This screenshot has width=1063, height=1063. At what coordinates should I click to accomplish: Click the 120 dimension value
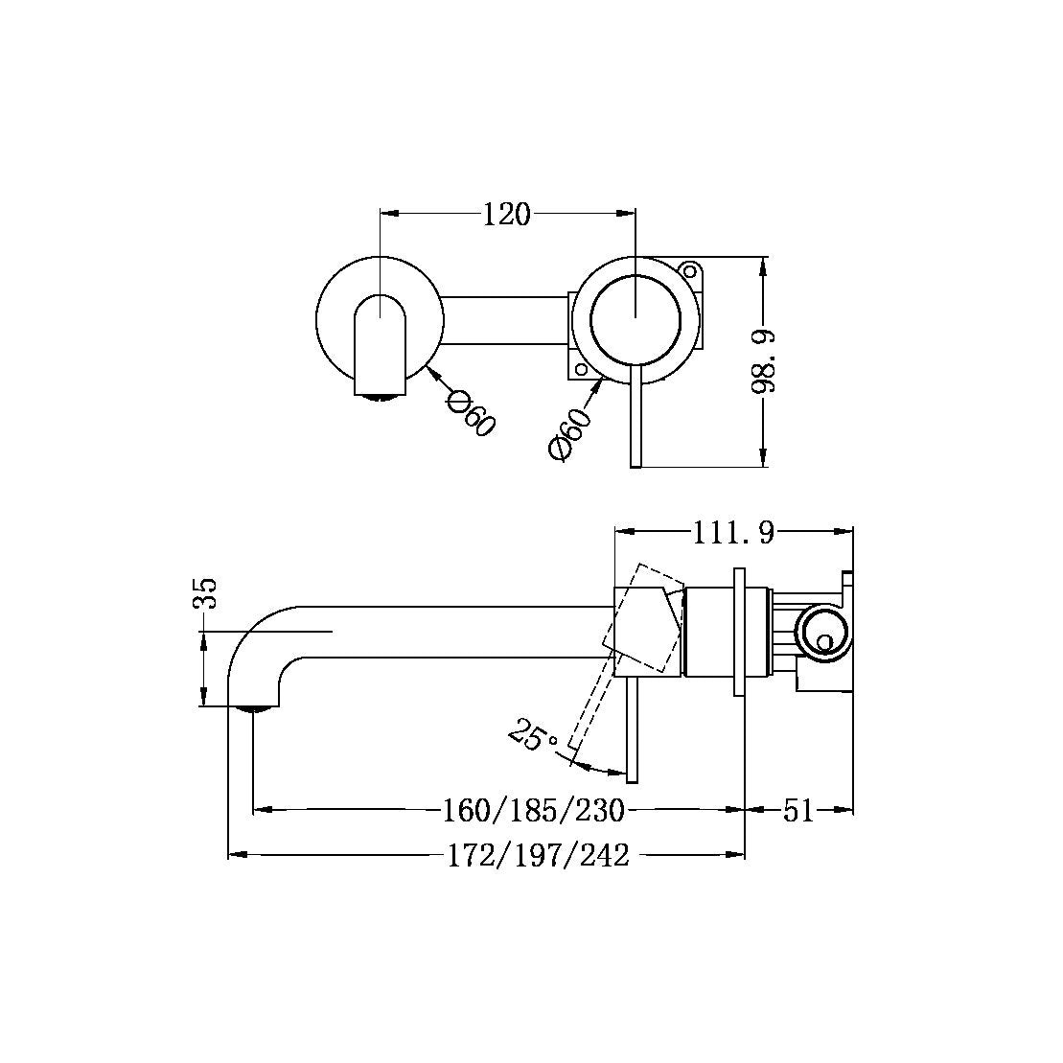506,215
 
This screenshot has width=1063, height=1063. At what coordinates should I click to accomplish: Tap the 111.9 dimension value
733,533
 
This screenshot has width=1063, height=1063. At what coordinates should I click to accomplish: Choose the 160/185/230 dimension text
534,811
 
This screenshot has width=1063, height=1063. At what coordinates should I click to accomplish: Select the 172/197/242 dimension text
539,855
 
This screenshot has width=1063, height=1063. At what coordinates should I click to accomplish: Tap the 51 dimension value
798,811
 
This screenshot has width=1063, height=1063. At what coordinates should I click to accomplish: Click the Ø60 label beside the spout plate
470,413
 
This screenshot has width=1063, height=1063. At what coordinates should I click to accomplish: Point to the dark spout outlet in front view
381,393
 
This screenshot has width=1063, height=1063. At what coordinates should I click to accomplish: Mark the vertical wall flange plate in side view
739,633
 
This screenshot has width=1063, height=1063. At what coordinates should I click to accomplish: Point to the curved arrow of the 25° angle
599,769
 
